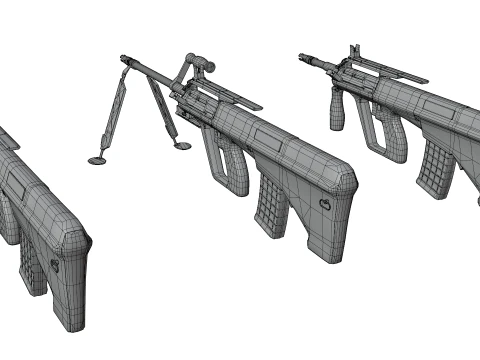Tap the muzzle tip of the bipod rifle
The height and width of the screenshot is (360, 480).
click(x=123, y=58)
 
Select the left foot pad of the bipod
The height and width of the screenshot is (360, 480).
click(x=98, y=158)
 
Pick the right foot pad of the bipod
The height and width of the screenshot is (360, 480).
click(x=182, y=146)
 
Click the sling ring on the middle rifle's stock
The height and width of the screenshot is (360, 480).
click(x=324, y=204)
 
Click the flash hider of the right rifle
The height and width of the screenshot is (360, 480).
click(x=303, y=58)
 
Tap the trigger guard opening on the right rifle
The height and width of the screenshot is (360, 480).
click(x=385, y=130)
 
